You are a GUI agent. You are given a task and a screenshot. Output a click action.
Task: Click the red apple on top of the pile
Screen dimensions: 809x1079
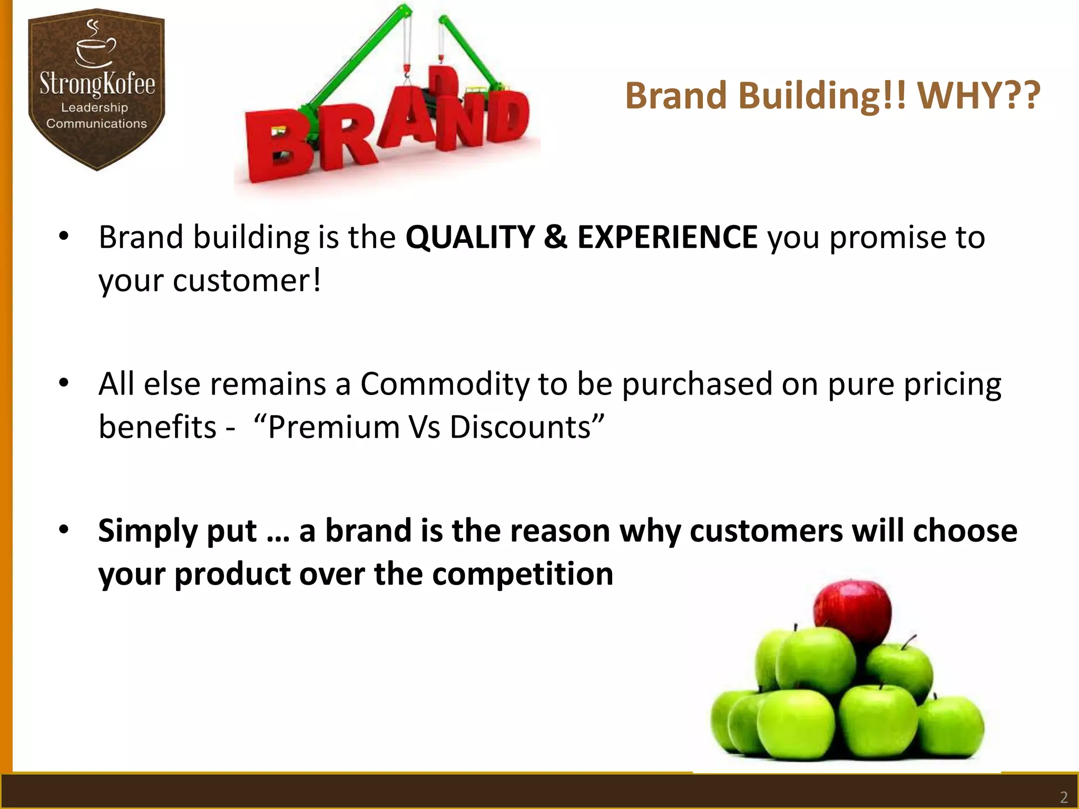click(852, 611)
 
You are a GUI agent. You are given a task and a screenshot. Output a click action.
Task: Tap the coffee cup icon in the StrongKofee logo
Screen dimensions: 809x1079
click(95, 50)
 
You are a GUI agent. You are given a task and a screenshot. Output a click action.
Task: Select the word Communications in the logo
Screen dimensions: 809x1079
click(96, 123)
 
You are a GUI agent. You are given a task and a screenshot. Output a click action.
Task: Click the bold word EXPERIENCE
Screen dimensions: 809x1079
click(668, 237)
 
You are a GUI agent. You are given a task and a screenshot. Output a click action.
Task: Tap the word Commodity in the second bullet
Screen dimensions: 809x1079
click(445, 383)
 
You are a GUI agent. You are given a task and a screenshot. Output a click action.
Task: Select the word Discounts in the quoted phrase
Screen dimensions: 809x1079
click(519, 427)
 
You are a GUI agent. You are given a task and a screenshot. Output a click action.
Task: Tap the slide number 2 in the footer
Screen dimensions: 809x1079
click(1064, 797)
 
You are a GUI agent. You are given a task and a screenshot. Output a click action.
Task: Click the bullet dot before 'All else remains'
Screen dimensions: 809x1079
click(64, 383)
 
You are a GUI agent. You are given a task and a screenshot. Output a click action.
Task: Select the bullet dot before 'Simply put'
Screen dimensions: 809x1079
click(64, 529)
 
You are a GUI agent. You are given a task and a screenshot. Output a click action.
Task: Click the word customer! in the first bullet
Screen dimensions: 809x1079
click(247, 280)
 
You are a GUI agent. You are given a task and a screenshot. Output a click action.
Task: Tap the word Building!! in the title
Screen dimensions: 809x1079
click(822, 96)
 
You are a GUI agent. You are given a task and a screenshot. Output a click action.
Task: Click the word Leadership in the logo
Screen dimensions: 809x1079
click(94, 107)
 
